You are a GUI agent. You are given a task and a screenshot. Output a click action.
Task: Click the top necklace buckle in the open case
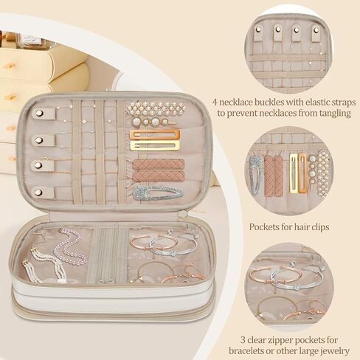46,114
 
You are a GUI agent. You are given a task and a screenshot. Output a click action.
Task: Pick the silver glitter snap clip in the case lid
157,193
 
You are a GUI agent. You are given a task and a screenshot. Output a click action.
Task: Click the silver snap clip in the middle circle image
255,175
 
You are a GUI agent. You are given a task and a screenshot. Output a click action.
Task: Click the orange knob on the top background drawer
11,64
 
